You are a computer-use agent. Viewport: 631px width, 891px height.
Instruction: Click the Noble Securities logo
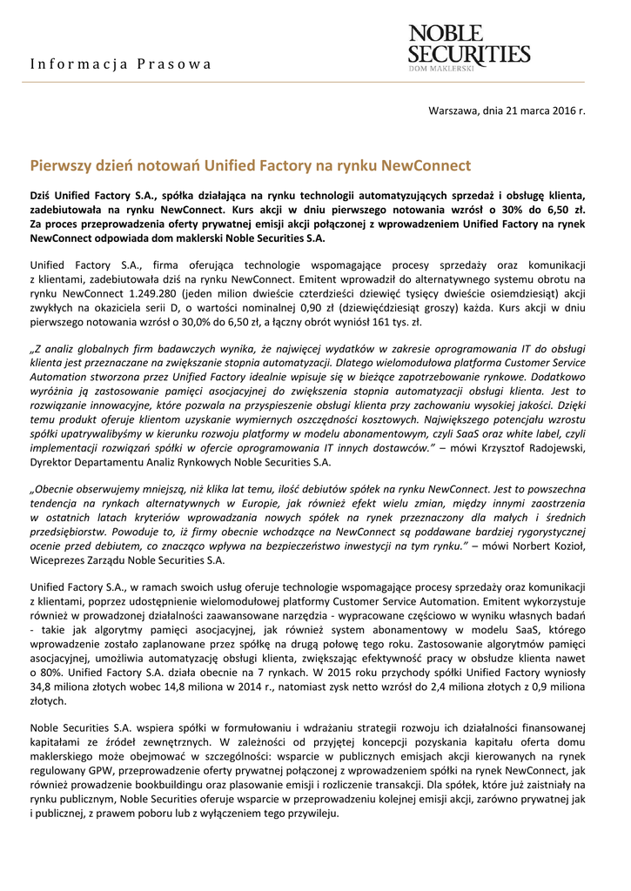click(469, 45)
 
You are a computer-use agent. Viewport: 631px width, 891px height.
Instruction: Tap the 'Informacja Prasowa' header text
click(121, 64)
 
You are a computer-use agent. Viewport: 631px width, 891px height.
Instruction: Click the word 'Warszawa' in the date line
click(452, 111)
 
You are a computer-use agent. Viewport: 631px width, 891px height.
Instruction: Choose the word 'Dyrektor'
click(51, 461)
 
